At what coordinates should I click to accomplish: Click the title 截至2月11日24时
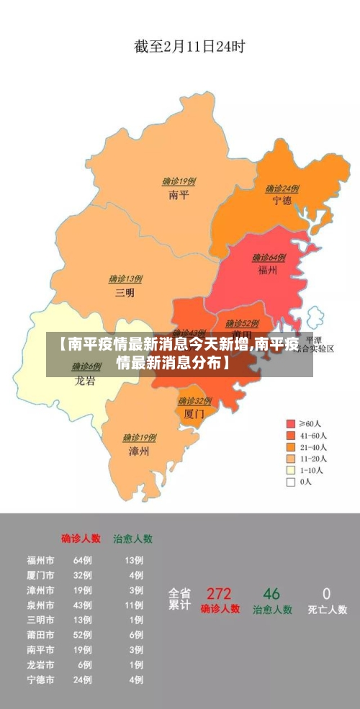[189, 48]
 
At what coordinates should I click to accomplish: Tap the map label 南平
[179, 194]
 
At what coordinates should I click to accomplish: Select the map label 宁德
[282, 201]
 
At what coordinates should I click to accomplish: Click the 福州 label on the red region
[269, 271]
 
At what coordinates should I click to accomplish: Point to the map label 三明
[125, 292]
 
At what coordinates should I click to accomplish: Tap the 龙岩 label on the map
[86, 381]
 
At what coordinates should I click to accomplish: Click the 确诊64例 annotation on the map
[269, 258]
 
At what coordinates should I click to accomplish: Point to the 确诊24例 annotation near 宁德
[282, 189]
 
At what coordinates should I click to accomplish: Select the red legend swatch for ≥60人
[291, 424]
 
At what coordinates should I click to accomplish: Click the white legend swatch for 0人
[291, 482]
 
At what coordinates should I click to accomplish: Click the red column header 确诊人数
[81, 538]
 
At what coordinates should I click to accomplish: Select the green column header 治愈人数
[132, 538]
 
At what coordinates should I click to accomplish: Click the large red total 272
[219, 595]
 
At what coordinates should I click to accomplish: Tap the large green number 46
[271, 595]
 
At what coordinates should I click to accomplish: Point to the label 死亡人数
[328, 610]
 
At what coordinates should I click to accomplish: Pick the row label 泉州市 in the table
[40, 605]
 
